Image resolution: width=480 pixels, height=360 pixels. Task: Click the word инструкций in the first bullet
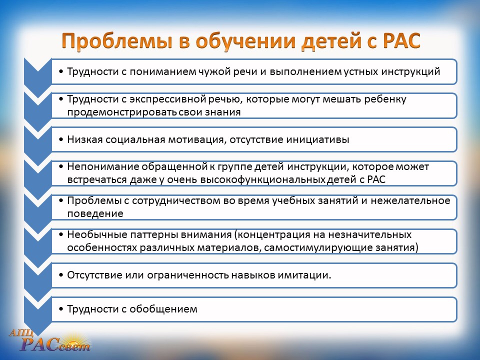pos(410,71)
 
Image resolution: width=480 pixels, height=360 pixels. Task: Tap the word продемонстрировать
pos(122,112)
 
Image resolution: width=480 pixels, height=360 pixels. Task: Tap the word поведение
pos(95,213)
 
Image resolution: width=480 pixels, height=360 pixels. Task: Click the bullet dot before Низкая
pos(61,139)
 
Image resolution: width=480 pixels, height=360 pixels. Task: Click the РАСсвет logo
pos(51,340)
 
